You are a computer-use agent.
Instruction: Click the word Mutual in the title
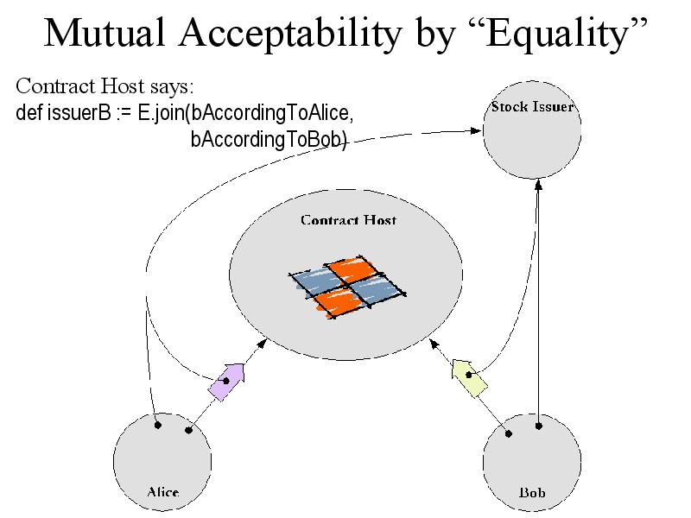click(x=105, y=33)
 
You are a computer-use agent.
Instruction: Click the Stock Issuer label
click(x=532, y=106)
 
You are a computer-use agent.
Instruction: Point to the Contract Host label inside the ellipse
click(x=348, y=220)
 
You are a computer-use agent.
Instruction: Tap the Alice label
click(x=162, y=491)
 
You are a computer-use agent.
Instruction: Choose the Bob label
click(x=532, y=491)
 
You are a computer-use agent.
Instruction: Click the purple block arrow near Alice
click(x=227, y=382)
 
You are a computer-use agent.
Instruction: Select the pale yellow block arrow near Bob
click(x=469, y=377)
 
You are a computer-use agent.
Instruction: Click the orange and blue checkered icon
click(x=347, y=287)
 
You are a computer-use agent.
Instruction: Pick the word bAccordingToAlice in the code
click(x=272, y=113)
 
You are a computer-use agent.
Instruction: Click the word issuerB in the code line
click(x=79, y=113)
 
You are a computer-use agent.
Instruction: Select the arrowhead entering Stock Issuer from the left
click(x=476, y=130)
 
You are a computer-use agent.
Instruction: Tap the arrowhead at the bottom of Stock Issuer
click(x=538, y=185)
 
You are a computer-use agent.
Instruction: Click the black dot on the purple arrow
click(x=226, y=381)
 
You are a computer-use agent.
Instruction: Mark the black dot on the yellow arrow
click(x=469, y=376)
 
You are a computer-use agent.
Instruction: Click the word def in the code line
click(x=29, y=113)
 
